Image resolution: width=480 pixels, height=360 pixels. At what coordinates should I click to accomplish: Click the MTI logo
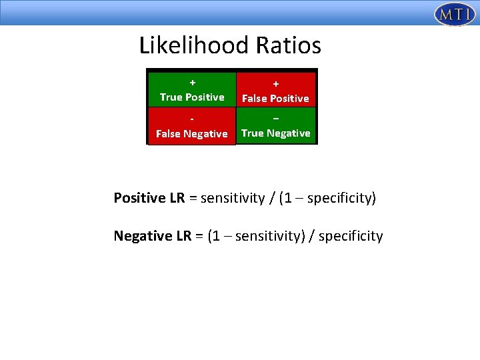(x=454, y=14)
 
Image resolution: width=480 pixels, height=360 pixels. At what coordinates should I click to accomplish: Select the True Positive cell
(x=192, y=89)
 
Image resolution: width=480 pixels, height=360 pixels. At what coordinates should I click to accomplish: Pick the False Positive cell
(x=275, y=89)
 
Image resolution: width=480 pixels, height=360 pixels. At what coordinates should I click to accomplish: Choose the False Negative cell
(x=192, y=126)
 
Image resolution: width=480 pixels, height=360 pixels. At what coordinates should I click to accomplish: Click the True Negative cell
(x=275, y=125)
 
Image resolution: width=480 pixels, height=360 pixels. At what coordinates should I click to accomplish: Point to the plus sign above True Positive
(x=192, y=83)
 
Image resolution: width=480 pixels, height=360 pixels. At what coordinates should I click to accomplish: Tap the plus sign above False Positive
(x=275, y=84)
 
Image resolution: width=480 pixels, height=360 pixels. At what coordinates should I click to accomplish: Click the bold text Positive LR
(x=149, y=198)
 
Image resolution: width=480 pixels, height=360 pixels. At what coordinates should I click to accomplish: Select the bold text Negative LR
(x=153, y=236)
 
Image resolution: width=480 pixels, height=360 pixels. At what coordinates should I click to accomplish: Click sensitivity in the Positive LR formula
(x=233, y=198)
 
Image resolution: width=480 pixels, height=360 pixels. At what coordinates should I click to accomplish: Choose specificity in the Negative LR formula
(x=351, y=236)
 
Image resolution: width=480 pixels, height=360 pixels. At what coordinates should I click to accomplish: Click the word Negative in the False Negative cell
(x=206, y=134)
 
